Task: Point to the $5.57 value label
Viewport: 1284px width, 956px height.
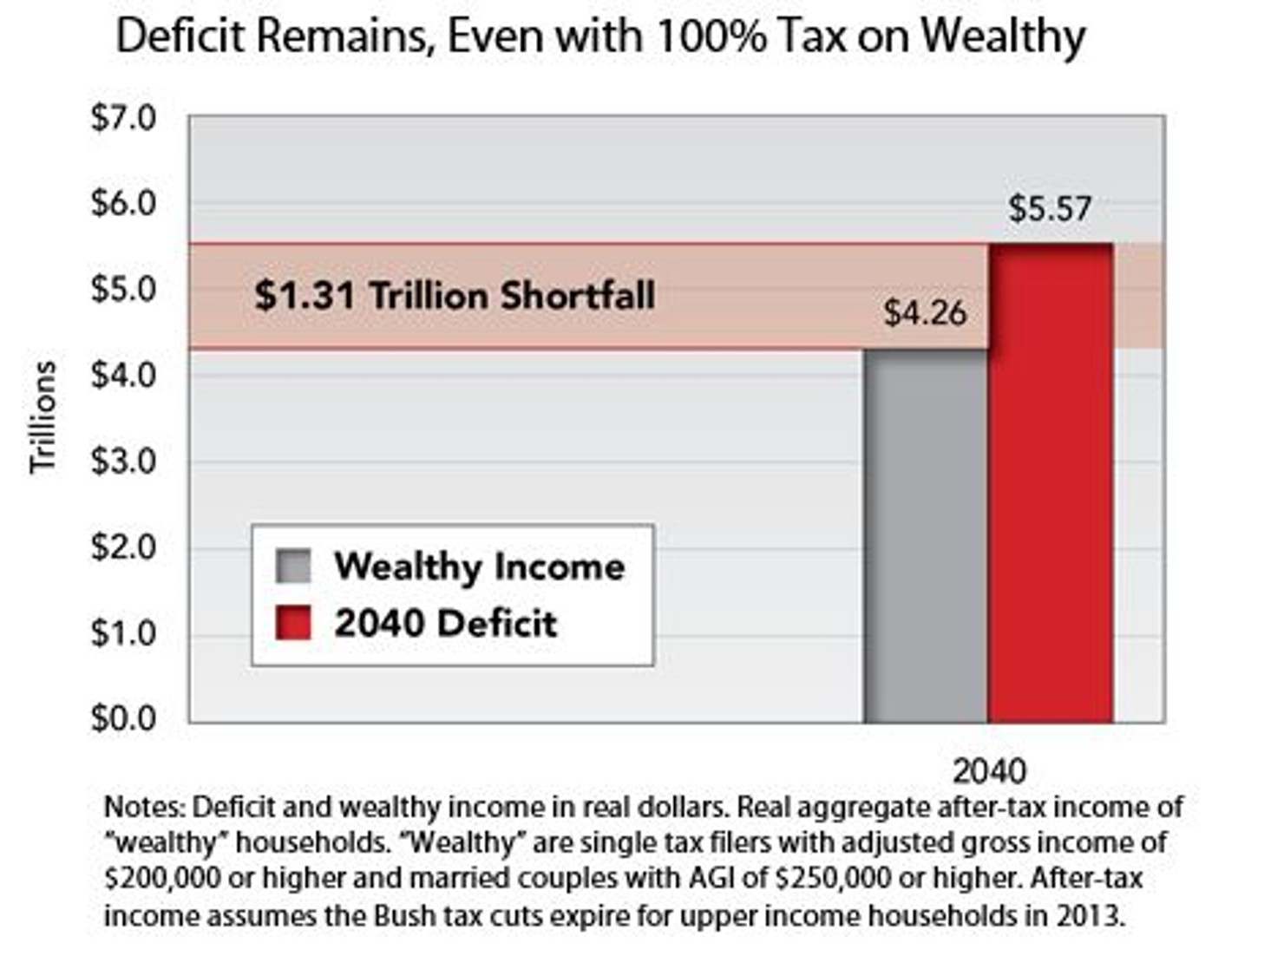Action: pyautogui.click(x=1049, y=210)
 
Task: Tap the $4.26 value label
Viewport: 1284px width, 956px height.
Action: pyautogui.click(x=925, y=313)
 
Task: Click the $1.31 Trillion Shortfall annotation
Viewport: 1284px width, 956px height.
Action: pyautogui.click(x=455, y=296)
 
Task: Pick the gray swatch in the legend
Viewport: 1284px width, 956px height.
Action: pyautogui.click(x=293, y=566)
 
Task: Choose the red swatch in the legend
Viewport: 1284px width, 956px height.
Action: pyautogui.click(x=293, y=623)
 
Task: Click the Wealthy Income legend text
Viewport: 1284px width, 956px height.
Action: pyautogui.click(x=479, y=566)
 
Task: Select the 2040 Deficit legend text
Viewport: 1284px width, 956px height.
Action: pyautogui.click(x=445, y=623)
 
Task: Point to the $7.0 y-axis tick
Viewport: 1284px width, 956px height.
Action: pyautogui.click(x=123, y=117)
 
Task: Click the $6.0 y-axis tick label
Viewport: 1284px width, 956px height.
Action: pyautogui.click(x=123, y=203)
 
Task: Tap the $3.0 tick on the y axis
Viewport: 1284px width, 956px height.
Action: pyautogui.click(x=123, y=461)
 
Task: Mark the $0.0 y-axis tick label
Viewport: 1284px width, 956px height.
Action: pyautogui.click(x=123, y=718)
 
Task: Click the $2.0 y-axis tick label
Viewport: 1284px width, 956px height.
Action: pyautogui.click(x=123, y=547)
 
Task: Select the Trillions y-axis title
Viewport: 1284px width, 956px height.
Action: pyautogui.click(x=43, y=417)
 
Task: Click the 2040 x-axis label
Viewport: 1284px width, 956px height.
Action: pyautogui.click(x=989, y=770)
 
